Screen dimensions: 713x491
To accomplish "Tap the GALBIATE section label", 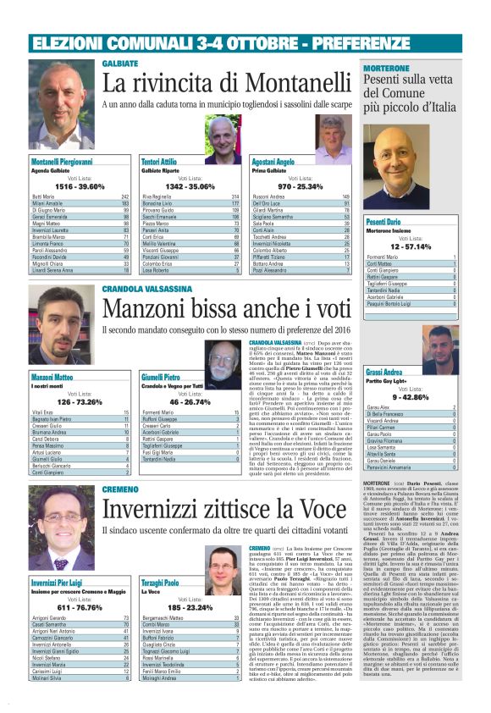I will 120,64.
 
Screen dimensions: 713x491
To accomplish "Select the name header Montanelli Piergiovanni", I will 62,161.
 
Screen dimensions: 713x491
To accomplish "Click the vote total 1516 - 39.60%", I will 80,185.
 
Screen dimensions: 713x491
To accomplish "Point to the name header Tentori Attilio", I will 159,161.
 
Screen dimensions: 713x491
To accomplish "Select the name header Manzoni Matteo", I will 52,376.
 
